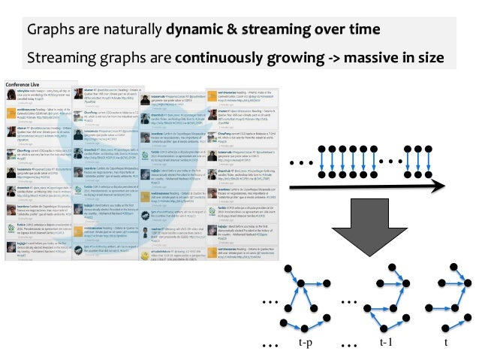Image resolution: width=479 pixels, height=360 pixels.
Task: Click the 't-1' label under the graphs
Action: coord(386,342)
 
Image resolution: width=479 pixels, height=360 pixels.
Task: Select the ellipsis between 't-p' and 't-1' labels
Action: coord(348,344)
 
